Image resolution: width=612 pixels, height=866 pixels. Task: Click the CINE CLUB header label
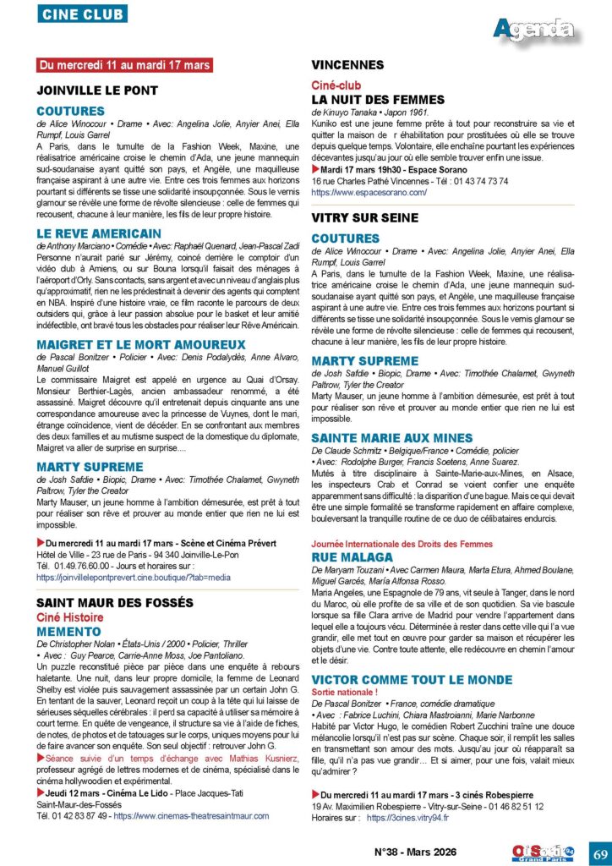(82, 14)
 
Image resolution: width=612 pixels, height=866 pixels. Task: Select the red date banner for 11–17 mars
(125, 65)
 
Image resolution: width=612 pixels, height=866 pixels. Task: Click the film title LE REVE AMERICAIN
(99, 233)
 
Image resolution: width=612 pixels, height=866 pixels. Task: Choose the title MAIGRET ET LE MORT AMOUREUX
(129, 344)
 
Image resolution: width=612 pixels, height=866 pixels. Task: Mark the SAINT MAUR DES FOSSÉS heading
(113, 602)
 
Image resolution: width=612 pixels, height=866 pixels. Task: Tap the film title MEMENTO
(69, 632)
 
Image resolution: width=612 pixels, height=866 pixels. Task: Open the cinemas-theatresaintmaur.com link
(191, 816)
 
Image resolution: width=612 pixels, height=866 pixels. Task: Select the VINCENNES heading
(347, 64)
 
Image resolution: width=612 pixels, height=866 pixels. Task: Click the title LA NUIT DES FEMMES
(377, 99)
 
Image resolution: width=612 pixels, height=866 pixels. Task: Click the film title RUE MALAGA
(352, 557)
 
